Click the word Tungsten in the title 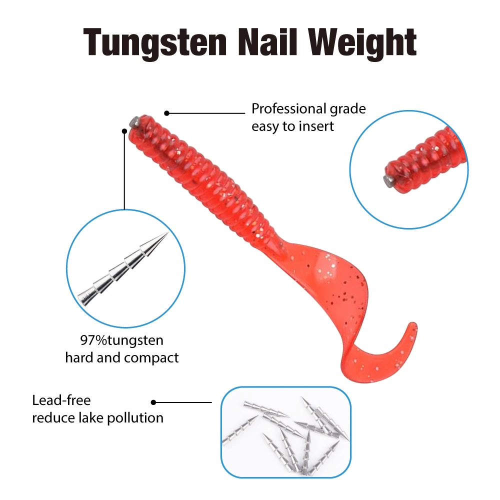point(155,42)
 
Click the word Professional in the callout point(289,108)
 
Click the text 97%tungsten point(122,340)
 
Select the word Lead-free point(61,400)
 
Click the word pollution point(135,418)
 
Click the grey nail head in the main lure point(134,121)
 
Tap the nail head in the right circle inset point(388,182)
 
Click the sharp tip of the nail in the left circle point(167,233)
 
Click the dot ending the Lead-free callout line point(153,402)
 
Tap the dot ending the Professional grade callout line point(166,113)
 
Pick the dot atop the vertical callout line point(124,131)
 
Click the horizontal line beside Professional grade point(205,113)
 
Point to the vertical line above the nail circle point(124,170)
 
